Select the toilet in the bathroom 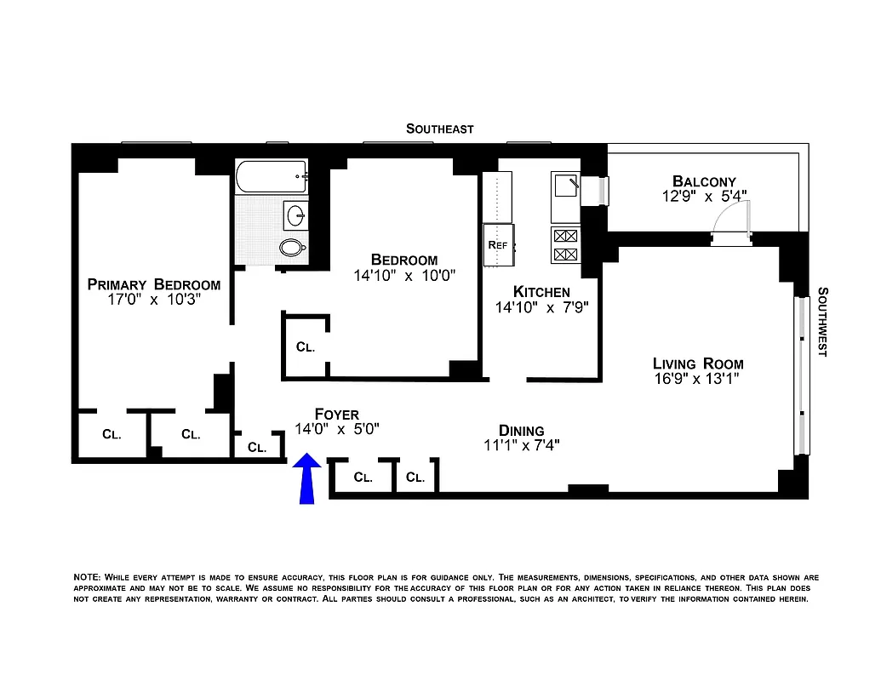pos(292,248)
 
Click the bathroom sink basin pos(296,215)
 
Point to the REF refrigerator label pos(497,245)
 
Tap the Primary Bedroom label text pos(153,284)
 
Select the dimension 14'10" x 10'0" pos(404,276)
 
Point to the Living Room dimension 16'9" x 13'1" pos(698,380)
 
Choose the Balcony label pos(704,180)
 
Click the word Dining pos(521,431)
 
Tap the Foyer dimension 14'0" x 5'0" pos(336,430)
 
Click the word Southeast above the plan pos(439,129)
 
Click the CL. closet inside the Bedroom pos(306,347)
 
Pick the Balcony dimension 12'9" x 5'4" pos(704,195)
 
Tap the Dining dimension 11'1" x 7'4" pos(521,444)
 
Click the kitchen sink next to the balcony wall pos(565,186)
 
